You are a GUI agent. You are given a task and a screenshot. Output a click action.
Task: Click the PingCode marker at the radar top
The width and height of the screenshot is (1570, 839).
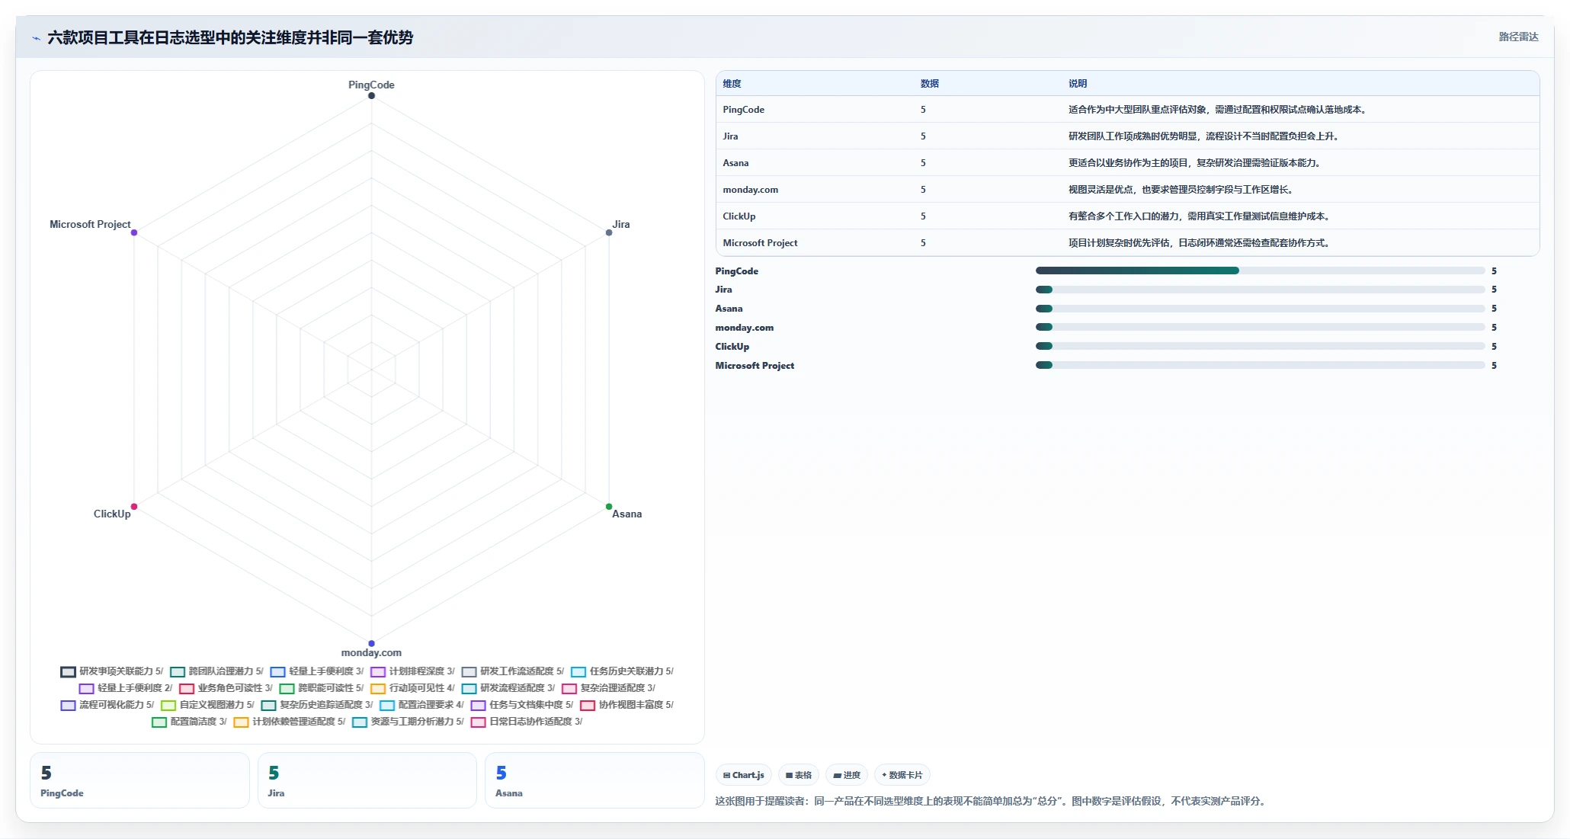[x=371, y=96]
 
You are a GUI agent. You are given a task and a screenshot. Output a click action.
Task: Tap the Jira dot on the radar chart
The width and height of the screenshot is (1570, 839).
[x=609, y=232]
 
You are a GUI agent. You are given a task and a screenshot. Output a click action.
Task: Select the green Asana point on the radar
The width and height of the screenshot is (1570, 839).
[x=609, y=507]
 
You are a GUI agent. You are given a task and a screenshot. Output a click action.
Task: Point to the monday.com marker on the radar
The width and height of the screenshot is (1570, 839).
[x=371, y=644]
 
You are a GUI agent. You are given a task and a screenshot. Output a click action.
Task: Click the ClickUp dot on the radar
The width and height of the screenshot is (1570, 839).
[x=134, y=507]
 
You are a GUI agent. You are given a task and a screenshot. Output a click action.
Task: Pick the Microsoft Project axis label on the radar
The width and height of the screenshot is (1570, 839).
[x=90, y=224]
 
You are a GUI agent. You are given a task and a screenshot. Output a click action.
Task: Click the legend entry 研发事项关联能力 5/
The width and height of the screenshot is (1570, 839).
[x=112, y=671]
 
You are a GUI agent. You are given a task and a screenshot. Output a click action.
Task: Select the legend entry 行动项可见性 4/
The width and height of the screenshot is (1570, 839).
[x=412, y=688]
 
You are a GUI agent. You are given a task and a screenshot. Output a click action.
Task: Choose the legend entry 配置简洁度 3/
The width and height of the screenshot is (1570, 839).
[x=189, y=722]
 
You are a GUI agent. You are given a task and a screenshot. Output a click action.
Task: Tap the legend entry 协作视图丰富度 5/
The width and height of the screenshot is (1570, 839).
[x=626, y=705]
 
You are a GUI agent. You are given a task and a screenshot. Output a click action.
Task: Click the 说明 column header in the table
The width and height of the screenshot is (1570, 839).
[x=1078, y=84]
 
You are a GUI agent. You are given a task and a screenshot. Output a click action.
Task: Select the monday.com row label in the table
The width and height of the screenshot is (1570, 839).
[x=751, y=190]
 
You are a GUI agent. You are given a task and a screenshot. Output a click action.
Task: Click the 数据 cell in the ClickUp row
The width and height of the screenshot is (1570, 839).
[x=923, y=216]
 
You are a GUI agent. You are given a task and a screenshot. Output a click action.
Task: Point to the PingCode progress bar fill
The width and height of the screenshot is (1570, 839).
[x=1137, y=271]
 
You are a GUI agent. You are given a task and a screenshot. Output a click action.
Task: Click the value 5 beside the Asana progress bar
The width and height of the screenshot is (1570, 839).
[x=1494, y=309]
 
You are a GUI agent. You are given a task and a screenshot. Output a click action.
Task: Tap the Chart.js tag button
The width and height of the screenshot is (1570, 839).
[x=744, y=775]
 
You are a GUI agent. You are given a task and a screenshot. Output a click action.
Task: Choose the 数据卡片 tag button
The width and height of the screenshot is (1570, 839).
[x=902, y=775]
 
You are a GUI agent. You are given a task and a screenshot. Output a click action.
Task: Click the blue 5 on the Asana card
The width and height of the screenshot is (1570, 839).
[x=501, y=773]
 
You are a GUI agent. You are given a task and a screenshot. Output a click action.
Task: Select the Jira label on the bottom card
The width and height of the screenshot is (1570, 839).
[x=276, y=793]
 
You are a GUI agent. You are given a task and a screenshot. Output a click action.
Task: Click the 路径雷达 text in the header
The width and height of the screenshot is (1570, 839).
[x=1518, y=37]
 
